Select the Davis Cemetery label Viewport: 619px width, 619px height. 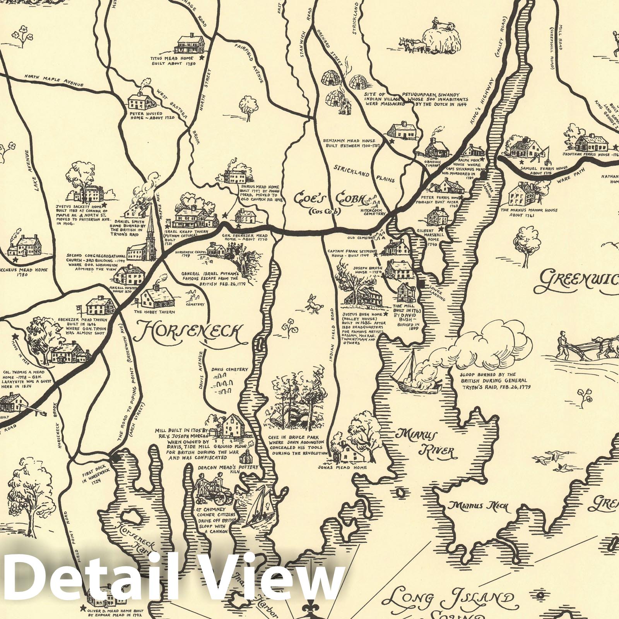[x=230, y=369]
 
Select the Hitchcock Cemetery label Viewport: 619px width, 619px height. [x=373, y=211]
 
